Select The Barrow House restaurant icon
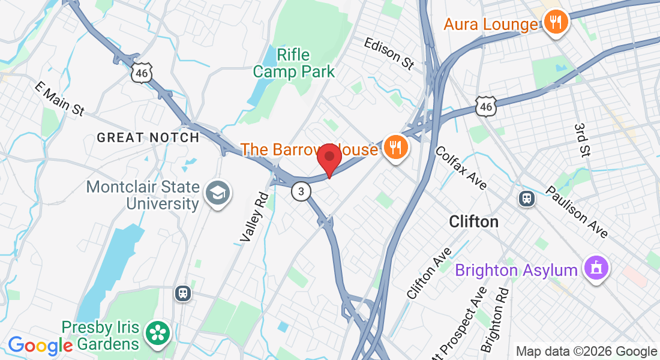pos(395,147)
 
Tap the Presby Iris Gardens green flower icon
pos(158,334)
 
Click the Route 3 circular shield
pos(301,191)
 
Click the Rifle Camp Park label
pos(293,64)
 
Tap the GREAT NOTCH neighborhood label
pos(148,137)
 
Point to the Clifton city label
pos(474,222)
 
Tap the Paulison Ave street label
pos(577,212)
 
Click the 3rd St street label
pos(581,140)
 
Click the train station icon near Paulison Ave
pos(527,198)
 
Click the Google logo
pos(40,345)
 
